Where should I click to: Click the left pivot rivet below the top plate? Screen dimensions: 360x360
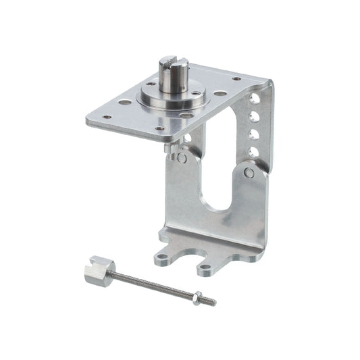pos(182,158)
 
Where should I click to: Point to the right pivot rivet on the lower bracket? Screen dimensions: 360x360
pos(249,174)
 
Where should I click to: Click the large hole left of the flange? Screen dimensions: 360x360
pos(125,103)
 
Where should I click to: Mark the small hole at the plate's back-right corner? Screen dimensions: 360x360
pos(236,79)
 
